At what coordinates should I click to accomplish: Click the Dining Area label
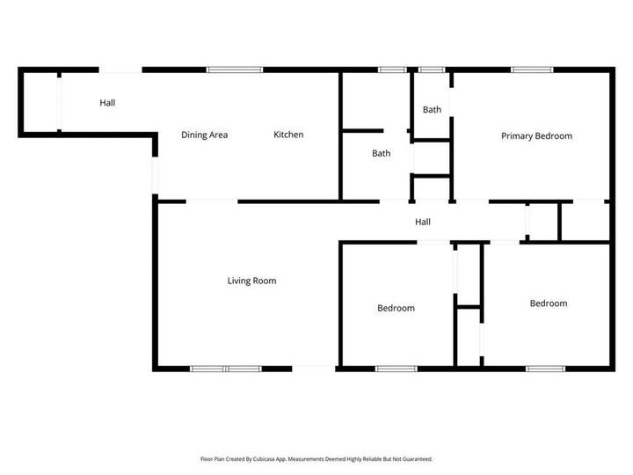[204, 135]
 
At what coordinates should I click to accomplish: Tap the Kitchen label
[288, 135]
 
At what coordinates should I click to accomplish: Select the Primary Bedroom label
[536, 135]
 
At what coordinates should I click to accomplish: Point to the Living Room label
[251, 281]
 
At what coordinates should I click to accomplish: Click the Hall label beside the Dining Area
[107, 103]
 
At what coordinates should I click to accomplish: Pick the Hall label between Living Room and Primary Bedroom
[423, 222]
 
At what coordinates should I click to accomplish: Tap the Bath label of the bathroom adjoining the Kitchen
[381, 153]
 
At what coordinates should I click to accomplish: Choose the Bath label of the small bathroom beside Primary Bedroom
[432, 110]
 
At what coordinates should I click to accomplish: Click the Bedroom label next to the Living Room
[396, 308]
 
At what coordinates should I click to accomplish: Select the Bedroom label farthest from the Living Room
[548, 303]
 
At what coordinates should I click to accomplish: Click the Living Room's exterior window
[225, 368]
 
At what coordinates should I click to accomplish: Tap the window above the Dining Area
[235, 69]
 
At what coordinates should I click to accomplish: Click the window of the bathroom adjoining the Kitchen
[390, 69]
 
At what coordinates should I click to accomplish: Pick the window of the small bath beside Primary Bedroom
[431, 69]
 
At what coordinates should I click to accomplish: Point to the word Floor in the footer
[207, 458]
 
